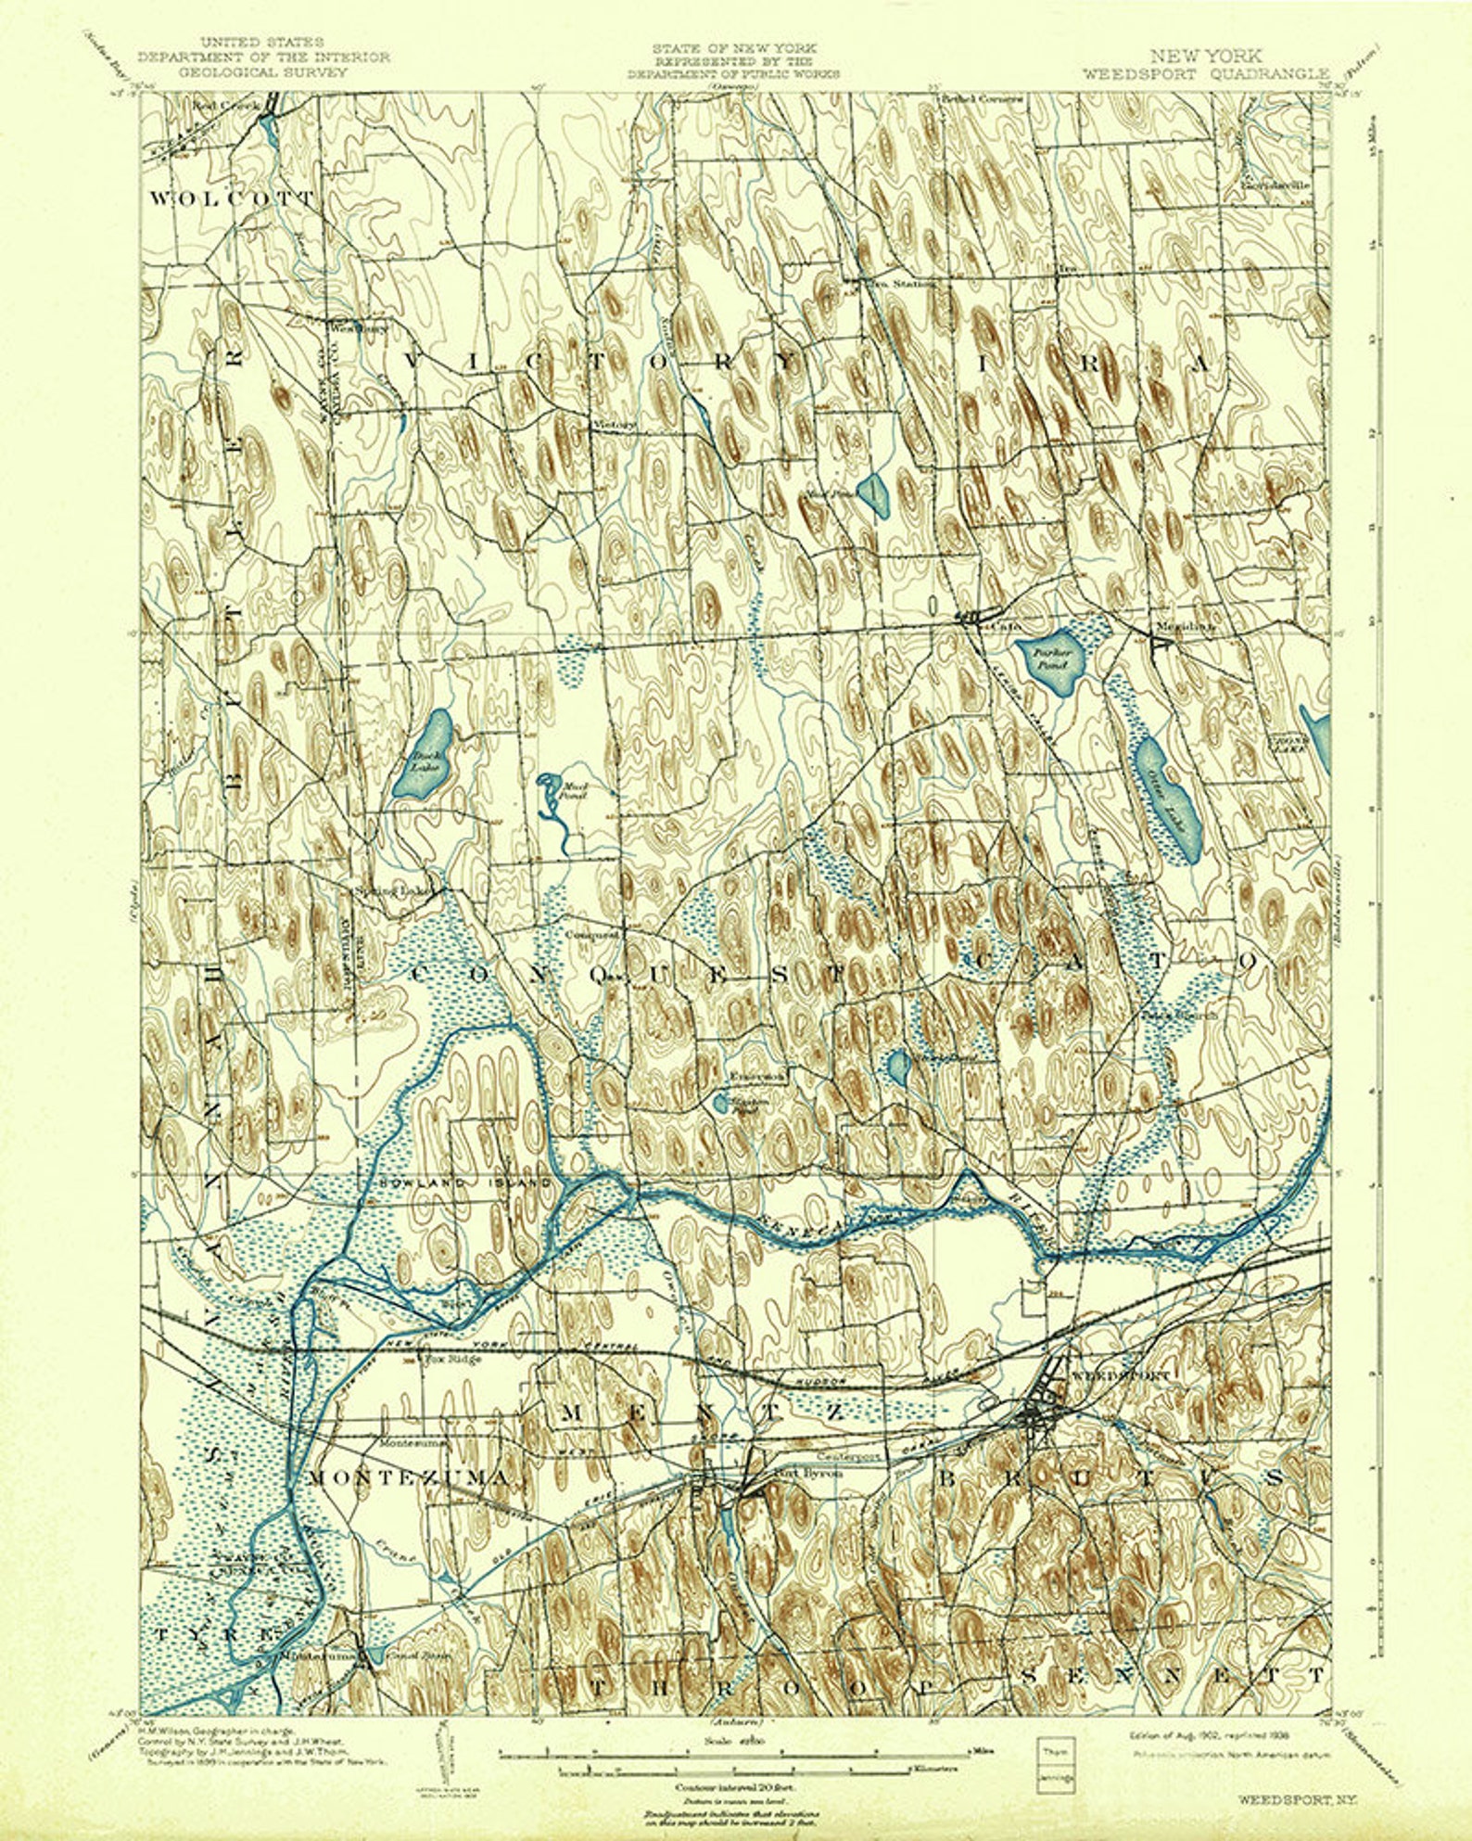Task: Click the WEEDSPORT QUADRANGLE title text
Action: (1205, 74)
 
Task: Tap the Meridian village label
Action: (1182, 627)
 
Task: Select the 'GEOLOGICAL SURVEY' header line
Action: (263, 71)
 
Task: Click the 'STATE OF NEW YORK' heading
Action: (733, 47)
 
